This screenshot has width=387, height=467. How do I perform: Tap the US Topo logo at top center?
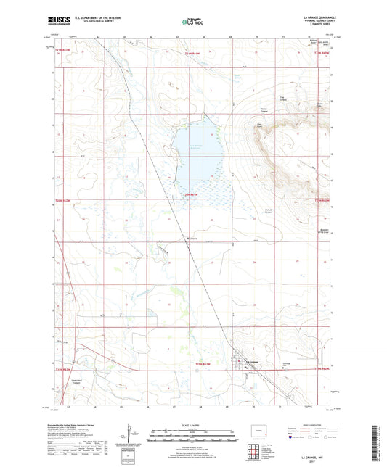point(192,22)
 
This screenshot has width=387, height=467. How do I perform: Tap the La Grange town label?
point(252,362)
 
